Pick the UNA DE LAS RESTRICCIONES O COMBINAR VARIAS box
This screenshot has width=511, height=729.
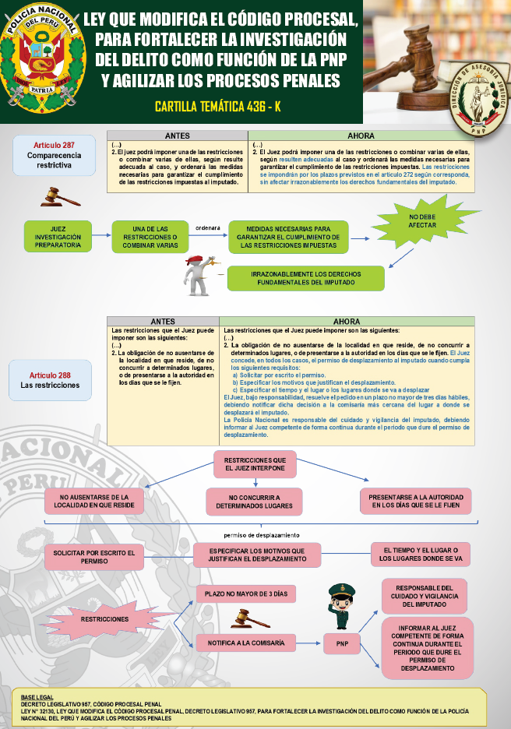pos(150,236)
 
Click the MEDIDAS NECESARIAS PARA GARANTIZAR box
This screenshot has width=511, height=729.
pos(288,236)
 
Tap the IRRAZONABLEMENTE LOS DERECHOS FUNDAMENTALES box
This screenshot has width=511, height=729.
pos(305,278)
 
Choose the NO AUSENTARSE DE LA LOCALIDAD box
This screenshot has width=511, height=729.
pos(93,501)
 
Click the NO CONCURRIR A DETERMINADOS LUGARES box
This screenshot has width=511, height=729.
pos(254,501)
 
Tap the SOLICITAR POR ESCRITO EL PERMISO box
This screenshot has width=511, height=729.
pos(93,556)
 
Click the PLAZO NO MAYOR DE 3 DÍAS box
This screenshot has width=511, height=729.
pos(245,594)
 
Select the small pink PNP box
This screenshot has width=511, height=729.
pos(342,644)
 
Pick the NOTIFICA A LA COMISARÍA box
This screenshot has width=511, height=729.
pos(245,643)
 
